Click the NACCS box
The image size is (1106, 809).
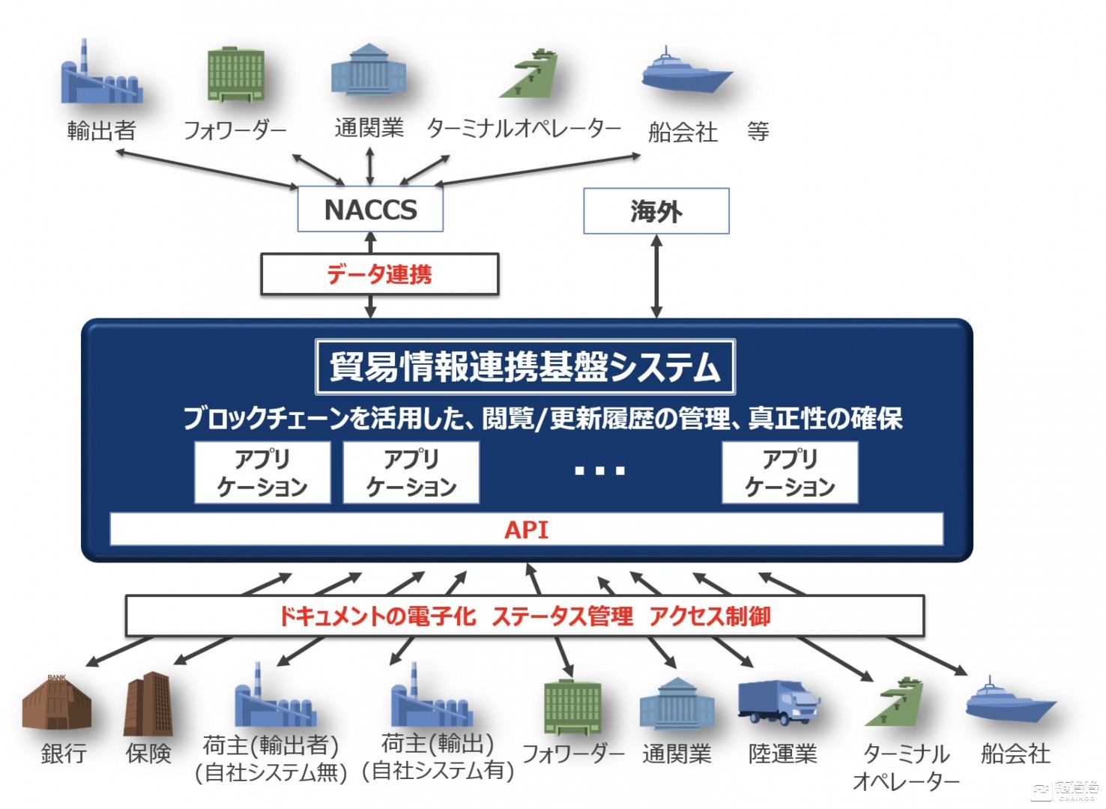(370, 210)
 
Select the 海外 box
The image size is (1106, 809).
(656, 211)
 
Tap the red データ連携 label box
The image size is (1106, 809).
(379, 274)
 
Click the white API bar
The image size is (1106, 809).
(526, 530)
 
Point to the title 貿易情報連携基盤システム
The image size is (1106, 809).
(525, 367)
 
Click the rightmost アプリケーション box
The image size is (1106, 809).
(790, 472)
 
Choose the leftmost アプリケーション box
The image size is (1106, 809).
(262, 472)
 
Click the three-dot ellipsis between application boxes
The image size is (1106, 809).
(599, 471)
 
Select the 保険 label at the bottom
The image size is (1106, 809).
(148, 753)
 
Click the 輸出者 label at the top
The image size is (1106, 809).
(101, 131)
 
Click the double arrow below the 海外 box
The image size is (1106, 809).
(656, 276)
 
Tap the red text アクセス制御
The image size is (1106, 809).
(710, 616)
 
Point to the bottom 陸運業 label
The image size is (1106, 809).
(782, 754)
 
